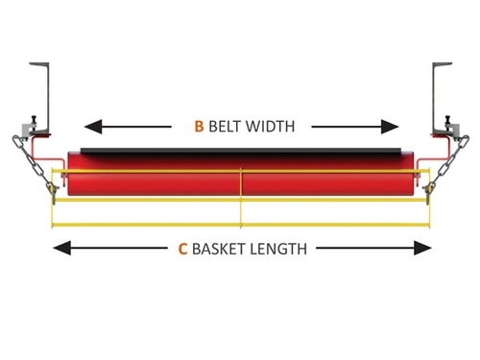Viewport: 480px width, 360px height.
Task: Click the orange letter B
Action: [x=199, y=125]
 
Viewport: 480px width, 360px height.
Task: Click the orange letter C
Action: [x=182, y=248]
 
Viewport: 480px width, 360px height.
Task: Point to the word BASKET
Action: [x=220, y=248]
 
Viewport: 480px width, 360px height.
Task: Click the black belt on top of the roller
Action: [x=240, y=151]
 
